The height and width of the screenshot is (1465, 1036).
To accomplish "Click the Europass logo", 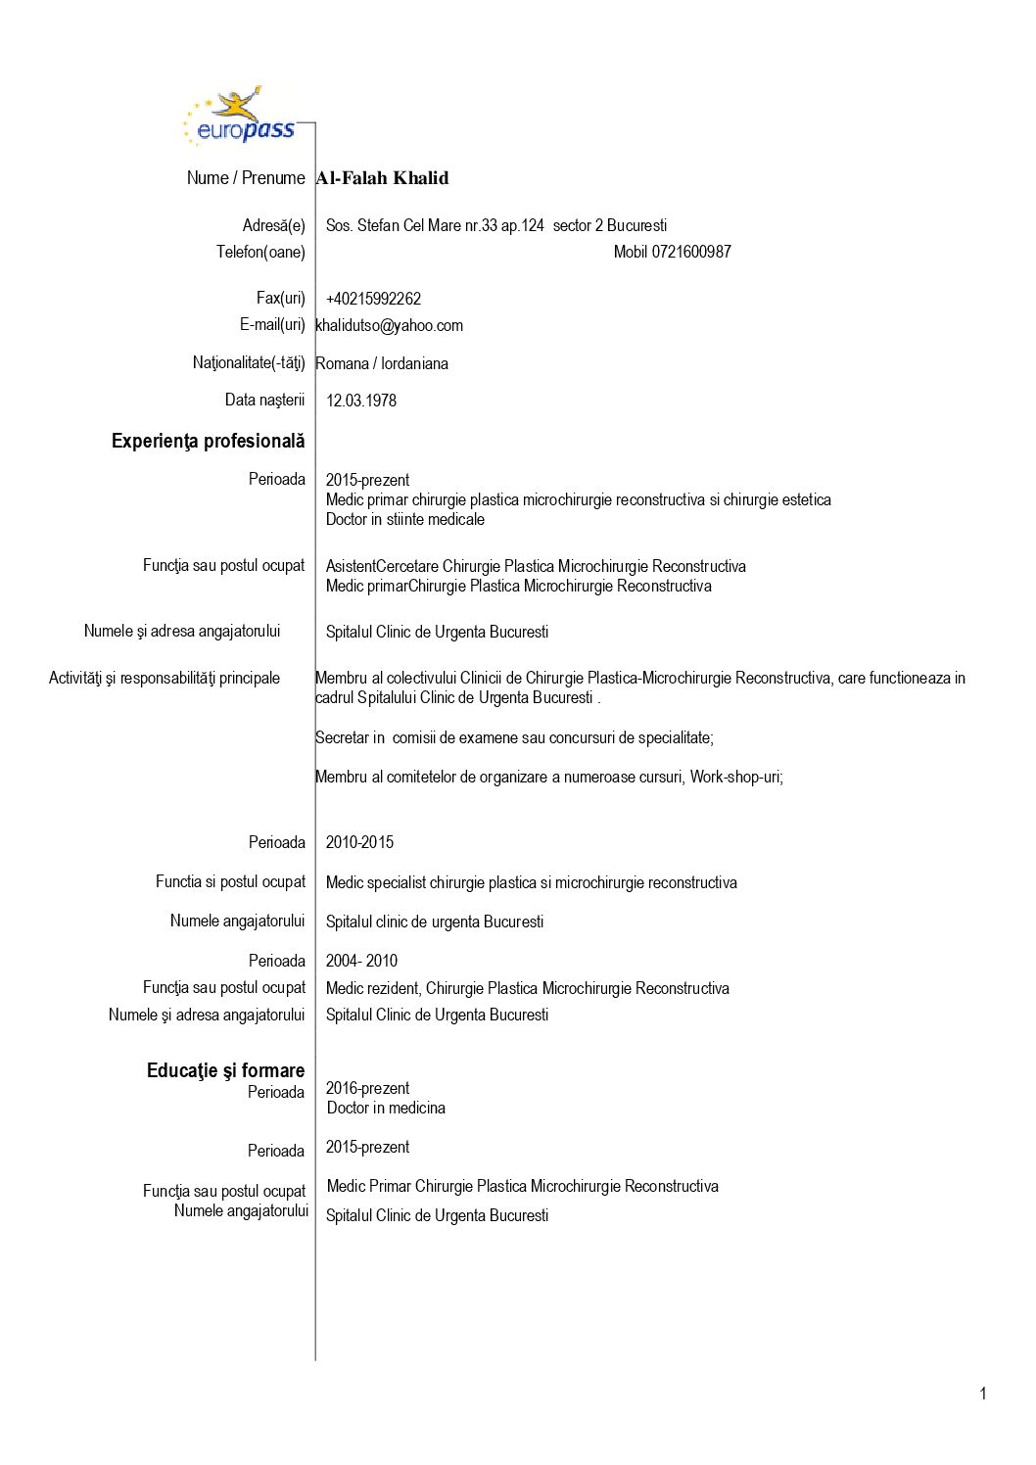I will [240, 118].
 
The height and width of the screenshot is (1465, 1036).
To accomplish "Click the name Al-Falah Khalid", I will [382, 178].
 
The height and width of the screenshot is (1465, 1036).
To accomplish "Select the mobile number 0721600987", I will [673, 252].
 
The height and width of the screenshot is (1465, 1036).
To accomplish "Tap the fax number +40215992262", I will [373, 299].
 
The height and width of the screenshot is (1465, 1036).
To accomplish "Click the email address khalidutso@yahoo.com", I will [390, 325].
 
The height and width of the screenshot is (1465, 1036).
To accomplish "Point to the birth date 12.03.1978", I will [361, 401].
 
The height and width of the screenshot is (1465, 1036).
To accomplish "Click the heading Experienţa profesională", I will [208, 442].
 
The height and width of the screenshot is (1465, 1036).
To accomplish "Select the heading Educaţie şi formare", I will [225, 1070].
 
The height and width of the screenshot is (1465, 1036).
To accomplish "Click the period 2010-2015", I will [359, 842].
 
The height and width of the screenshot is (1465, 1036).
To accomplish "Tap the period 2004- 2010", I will [361, 961].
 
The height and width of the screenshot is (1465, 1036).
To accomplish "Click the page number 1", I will [983, 1394].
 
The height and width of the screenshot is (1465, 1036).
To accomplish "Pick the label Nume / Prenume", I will [246, 178].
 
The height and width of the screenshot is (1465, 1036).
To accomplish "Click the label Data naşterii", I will [264, 400].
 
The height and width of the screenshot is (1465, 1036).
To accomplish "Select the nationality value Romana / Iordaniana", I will [382, 363].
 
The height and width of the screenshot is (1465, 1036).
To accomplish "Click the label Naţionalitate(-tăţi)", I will [249, 363].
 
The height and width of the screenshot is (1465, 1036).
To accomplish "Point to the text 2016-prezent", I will [367, 1088].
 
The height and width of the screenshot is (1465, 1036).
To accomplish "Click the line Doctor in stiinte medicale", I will [405, 519].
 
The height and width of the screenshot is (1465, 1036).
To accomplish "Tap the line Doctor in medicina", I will [386, 1108].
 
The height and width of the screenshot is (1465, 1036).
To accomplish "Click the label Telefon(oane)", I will [260, 252].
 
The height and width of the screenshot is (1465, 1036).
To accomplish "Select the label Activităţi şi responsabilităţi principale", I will [165, 678].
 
